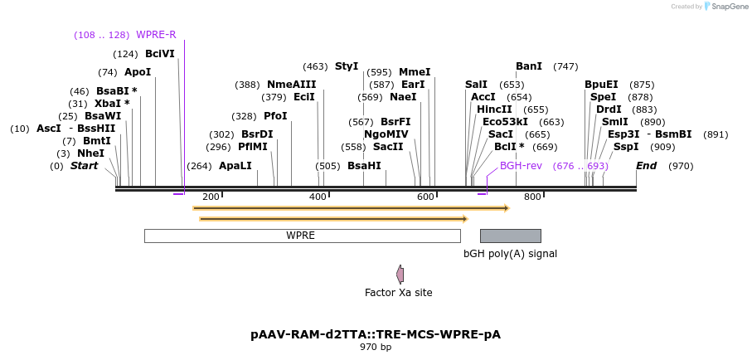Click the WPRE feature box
pyautogui.click(x=302, y=236)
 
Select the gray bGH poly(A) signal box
pyautogui.click(x=510, y=236)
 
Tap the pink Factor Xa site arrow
pyautogui.click(x=400, y=274)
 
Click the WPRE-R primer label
pyautogui.click(x=156, y=35)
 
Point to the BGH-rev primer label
pyautogui.click(x=521, y=166)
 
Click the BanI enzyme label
pyautogui.click(x=529, y=66)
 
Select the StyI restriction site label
pyautogui.click(x=347, y=66)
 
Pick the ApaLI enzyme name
pyautogui.click(x=235, y=166)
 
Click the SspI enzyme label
pyautogui.click(x=626, y=147)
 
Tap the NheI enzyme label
pyautogui.click(x=91, y=153)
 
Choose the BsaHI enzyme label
pyautogui.click(x=364, y=166)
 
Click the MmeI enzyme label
pyautogui.click(x=415, y=72)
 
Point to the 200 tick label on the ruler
pyautogui.click(x=211, y=197)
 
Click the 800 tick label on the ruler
pyautogui.click(x=532, y=197)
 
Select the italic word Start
pyautogui.click(x=84, y=166)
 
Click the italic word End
pyautogui.click(x=647, y=166)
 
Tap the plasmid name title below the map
pyautogui.click(x=376, y=334)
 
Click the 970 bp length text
pyautogui.click(x=376, y=348)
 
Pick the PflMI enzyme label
pyautogui.click(x=253, y=147)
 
